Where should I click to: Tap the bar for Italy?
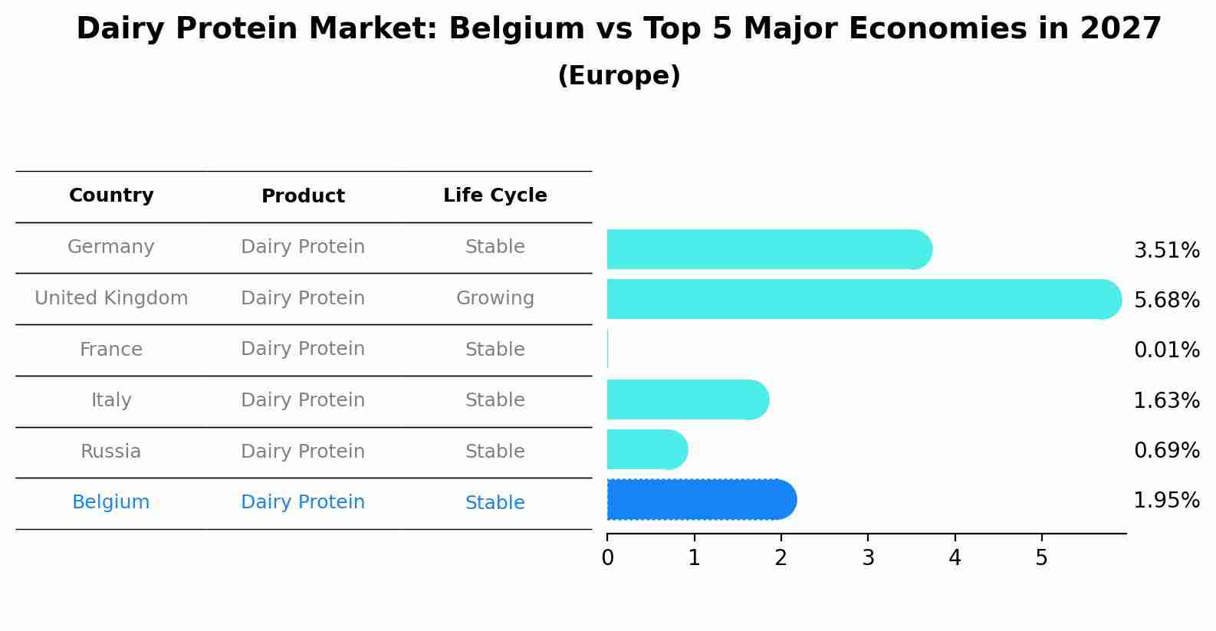click(687, 399)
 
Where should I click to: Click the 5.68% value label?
click(1166, 300)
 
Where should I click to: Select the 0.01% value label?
click(1166, 350)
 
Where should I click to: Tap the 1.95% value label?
click(1166, 500)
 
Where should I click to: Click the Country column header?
click(111, 196)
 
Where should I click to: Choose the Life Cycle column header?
click(495, 196)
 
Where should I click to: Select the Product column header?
click(303, 196)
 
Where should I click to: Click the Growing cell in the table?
click(495, 298)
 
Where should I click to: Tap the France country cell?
click(111, 350)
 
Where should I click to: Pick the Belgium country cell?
click(111, 502)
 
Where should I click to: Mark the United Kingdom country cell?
click(111, 298)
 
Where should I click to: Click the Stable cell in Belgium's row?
click(495, 503)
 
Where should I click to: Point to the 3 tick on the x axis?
click(868, 558)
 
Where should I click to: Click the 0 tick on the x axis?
click(607, 558)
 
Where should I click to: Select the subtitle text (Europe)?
click(619, 76)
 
